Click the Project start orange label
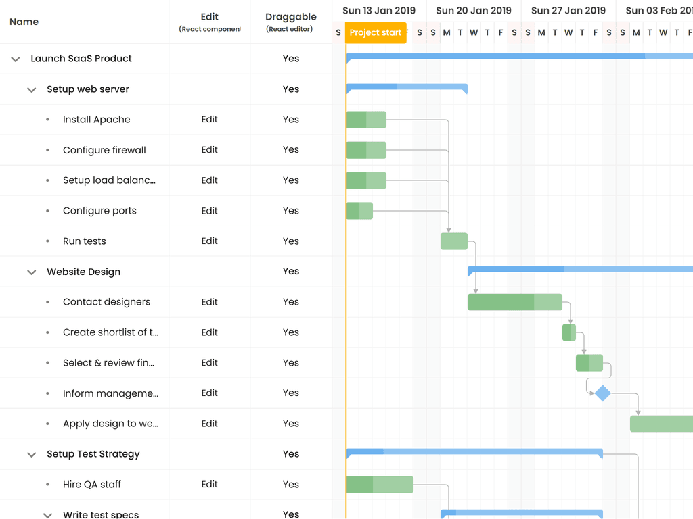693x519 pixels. (x=376, y=32)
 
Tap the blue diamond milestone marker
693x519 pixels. (x=602, y=393)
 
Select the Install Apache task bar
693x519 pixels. (x=366, y=120)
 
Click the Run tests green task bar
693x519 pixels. (x=453, y=241)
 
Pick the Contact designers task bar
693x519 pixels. (x=514, y=302)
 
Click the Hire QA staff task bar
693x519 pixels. (x=379, y=485)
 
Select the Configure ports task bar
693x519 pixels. (x=359, y=211)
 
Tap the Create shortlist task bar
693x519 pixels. (x=568, y=332)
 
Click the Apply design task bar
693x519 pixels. (x=661, y=424)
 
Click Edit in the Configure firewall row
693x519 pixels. (x=209, y=150)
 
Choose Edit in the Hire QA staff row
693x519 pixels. (x=209, y=485)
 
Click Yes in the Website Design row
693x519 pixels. (x=291, y=272)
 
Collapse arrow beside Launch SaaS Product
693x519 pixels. (x=16, y=59)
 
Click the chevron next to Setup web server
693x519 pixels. (x=31, y=90)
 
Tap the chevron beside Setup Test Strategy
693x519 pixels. (x=31, y=455)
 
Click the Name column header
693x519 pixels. (x=24, y=22)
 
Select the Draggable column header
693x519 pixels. (x=291, y=17)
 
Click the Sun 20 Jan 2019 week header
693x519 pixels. (x=474, y=11)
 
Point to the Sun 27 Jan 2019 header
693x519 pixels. (x=568, y=11)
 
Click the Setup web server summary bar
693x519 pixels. (x=406, y=87)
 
